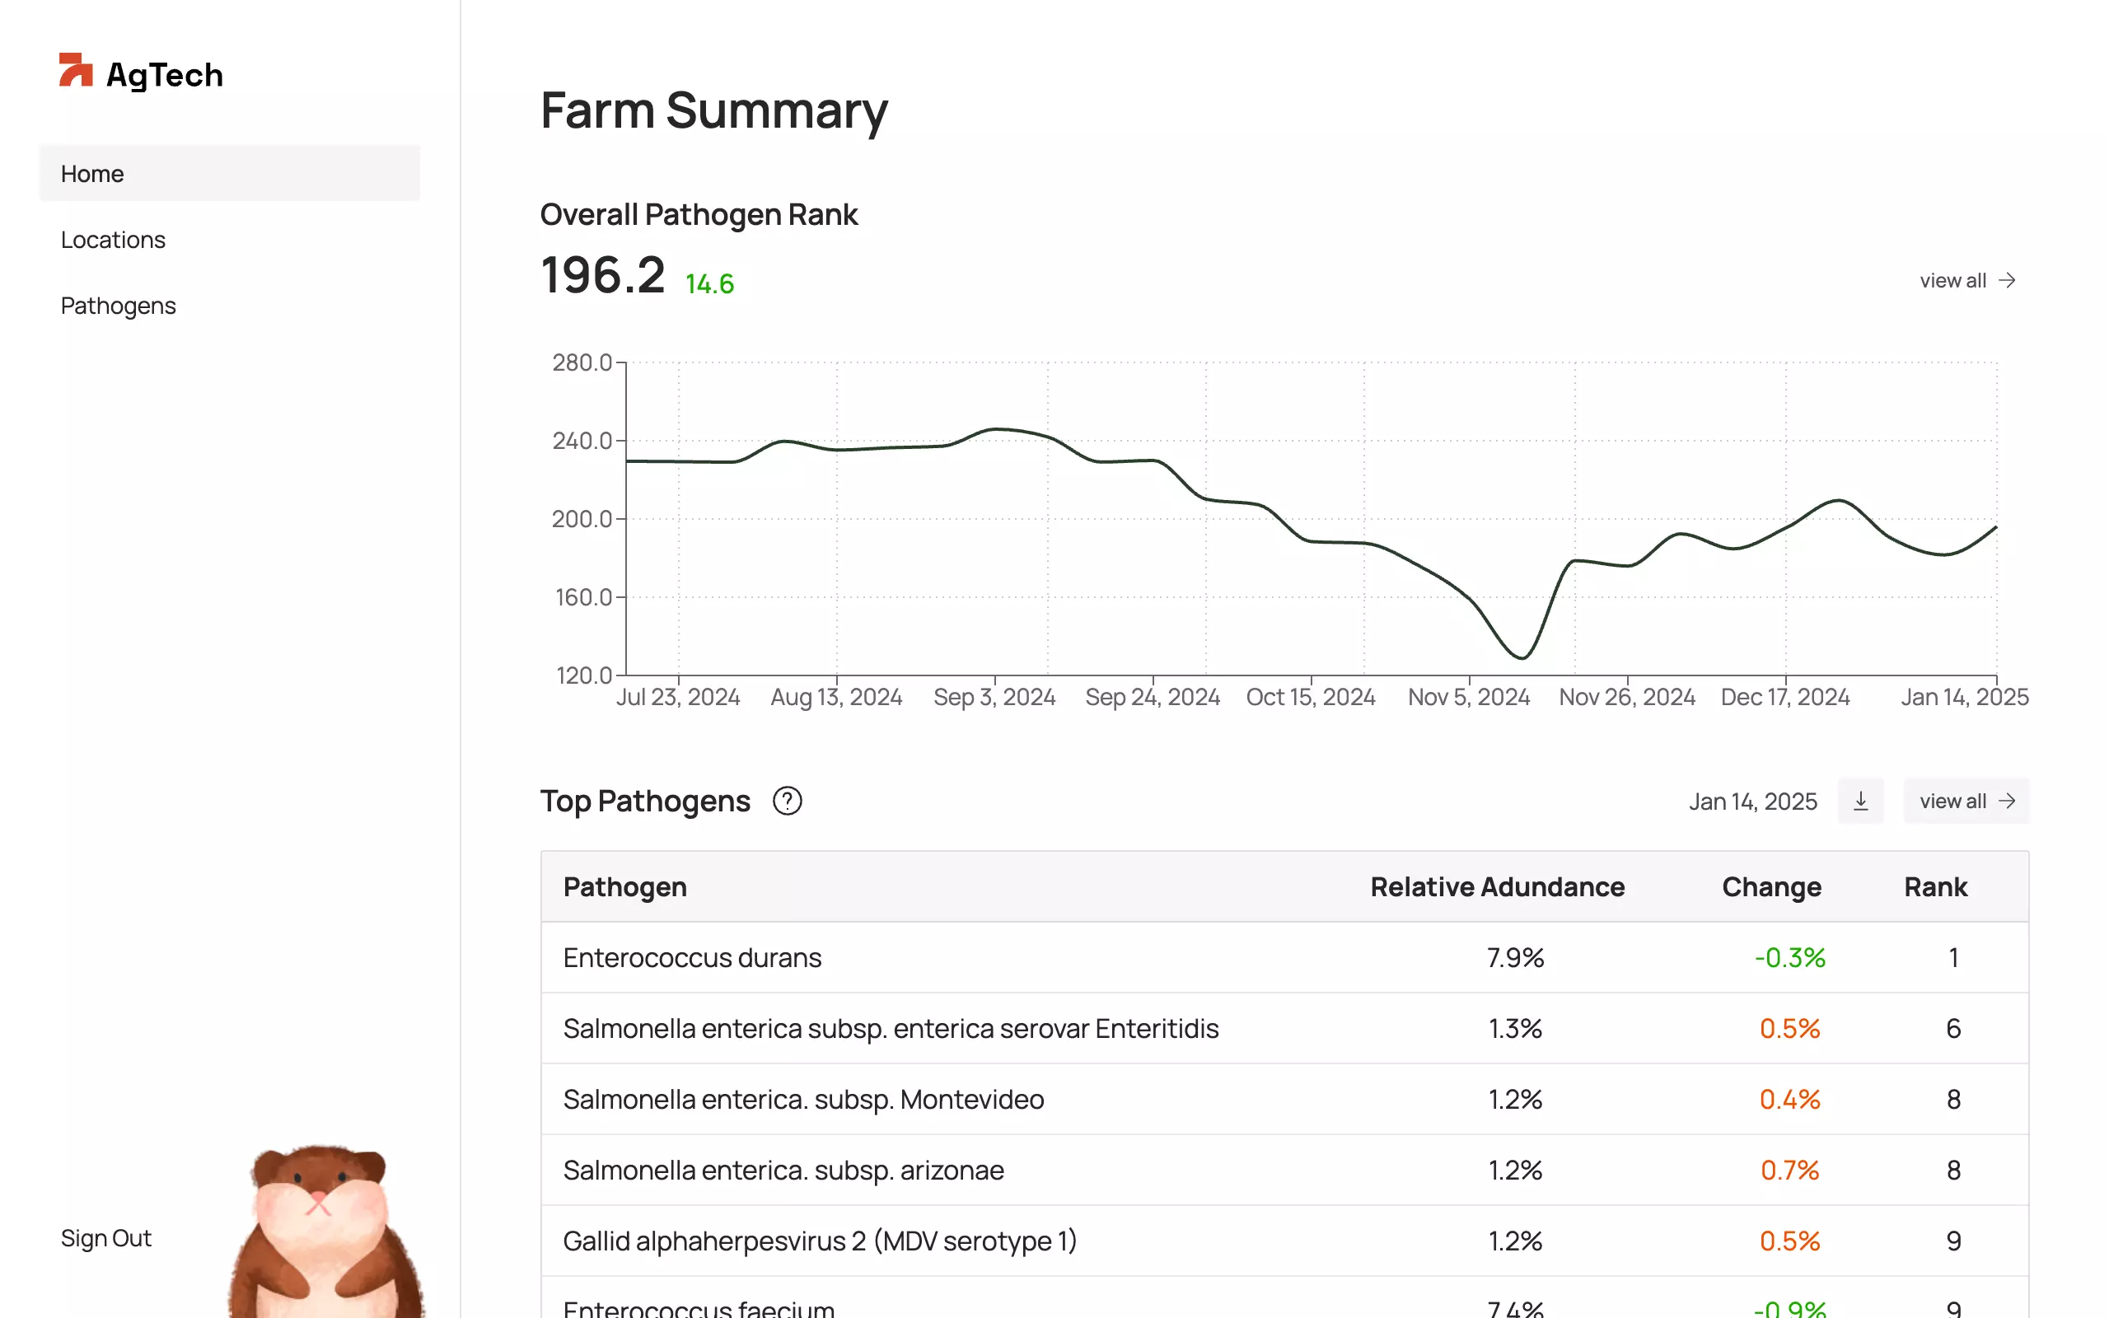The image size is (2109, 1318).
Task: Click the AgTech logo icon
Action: (75, 70)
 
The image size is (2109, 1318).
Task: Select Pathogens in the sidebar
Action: (118, 306)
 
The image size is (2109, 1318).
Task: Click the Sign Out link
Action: (105, 1238)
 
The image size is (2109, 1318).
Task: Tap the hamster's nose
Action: (318, 1197)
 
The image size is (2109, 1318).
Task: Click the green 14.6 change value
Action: (709, 284)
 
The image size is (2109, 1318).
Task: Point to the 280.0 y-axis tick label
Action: (582, 362)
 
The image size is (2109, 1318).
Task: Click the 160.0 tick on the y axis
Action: (583, 598)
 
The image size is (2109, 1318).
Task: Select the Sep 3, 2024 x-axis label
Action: (994, 698)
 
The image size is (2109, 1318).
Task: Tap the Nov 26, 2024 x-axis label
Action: (1626, 698)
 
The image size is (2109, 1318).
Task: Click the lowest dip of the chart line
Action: (1522, 657)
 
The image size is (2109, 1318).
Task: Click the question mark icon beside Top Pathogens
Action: (787, 801)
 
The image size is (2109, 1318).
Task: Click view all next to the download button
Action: (1966, 801)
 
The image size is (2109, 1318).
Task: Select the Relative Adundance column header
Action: (1496, 886)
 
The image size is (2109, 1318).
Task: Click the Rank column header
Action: (1934, 886)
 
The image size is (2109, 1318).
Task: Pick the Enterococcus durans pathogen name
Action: (692, 958)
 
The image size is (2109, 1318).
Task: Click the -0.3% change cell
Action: (1789, 958)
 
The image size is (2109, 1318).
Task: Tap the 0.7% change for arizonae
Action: (1789, 1170)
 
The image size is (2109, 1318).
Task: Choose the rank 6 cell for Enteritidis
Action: (1953, 1029)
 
